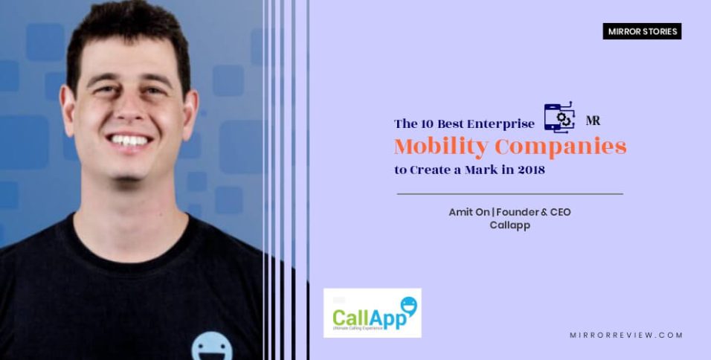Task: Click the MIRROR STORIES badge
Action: click(642, 31)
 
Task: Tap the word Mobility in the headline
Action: click(429, 146)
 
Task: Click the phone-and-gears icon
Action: click(559, 117)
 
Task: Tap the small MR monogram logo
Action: click(593, 120)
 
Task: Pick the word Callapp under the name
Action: click(509, 225)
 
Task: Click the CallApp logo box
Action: click(373, 313)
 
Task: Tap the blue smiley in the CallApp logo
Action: click(408, 305)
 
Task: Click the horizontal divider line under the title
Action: click(509, 193)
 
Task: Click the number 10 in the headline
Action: click(431, 123)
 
